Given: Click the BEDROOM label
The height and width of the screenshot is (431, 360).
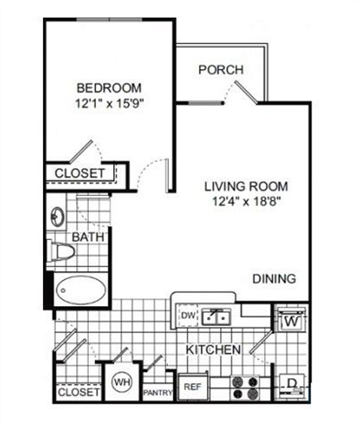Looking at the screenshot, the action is coord(109,88).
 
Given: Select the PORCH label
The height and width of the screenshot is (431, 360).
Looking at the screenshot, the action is coord(221,70).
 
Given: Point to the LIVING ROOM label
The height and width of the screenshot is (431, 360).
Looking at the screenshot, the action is coord(246,186).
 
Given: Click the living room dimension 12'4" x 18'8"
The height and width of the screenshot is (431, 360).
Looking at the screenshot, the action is coord(247,201).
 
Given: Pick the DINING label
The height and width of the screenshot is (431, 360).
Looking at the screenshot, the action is coord(275,278).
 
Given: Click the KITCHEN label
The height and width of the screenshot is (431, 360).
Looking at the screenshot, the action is coord(214,349).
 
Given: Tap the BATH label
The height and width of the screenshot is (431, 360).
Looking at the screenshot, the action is coord(88,237).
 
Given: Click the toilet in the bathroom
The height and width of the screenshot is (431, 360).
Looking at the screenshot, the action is coord(60,251).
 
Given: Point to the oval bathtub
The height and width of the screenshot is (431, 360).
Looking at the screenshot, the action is coord(81,290).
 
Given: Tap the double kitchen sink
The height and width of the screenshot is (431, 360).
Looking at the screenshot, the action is coord(215,317).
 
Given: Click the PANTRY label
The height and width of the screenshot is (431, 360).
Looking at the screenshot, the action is coord(158,392).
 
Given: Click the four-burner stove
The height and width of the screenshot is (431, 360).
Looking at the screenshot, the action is coord(245,387).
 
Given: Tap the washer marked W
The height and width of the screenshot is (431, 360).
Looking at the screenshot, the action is coord(291,320).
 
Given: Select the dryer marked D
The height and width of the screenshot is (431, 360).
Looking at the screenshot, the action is coord(292,385).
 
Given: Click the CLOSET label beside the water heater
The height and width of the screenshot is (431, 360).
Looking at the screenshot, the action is coord(78,392).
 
